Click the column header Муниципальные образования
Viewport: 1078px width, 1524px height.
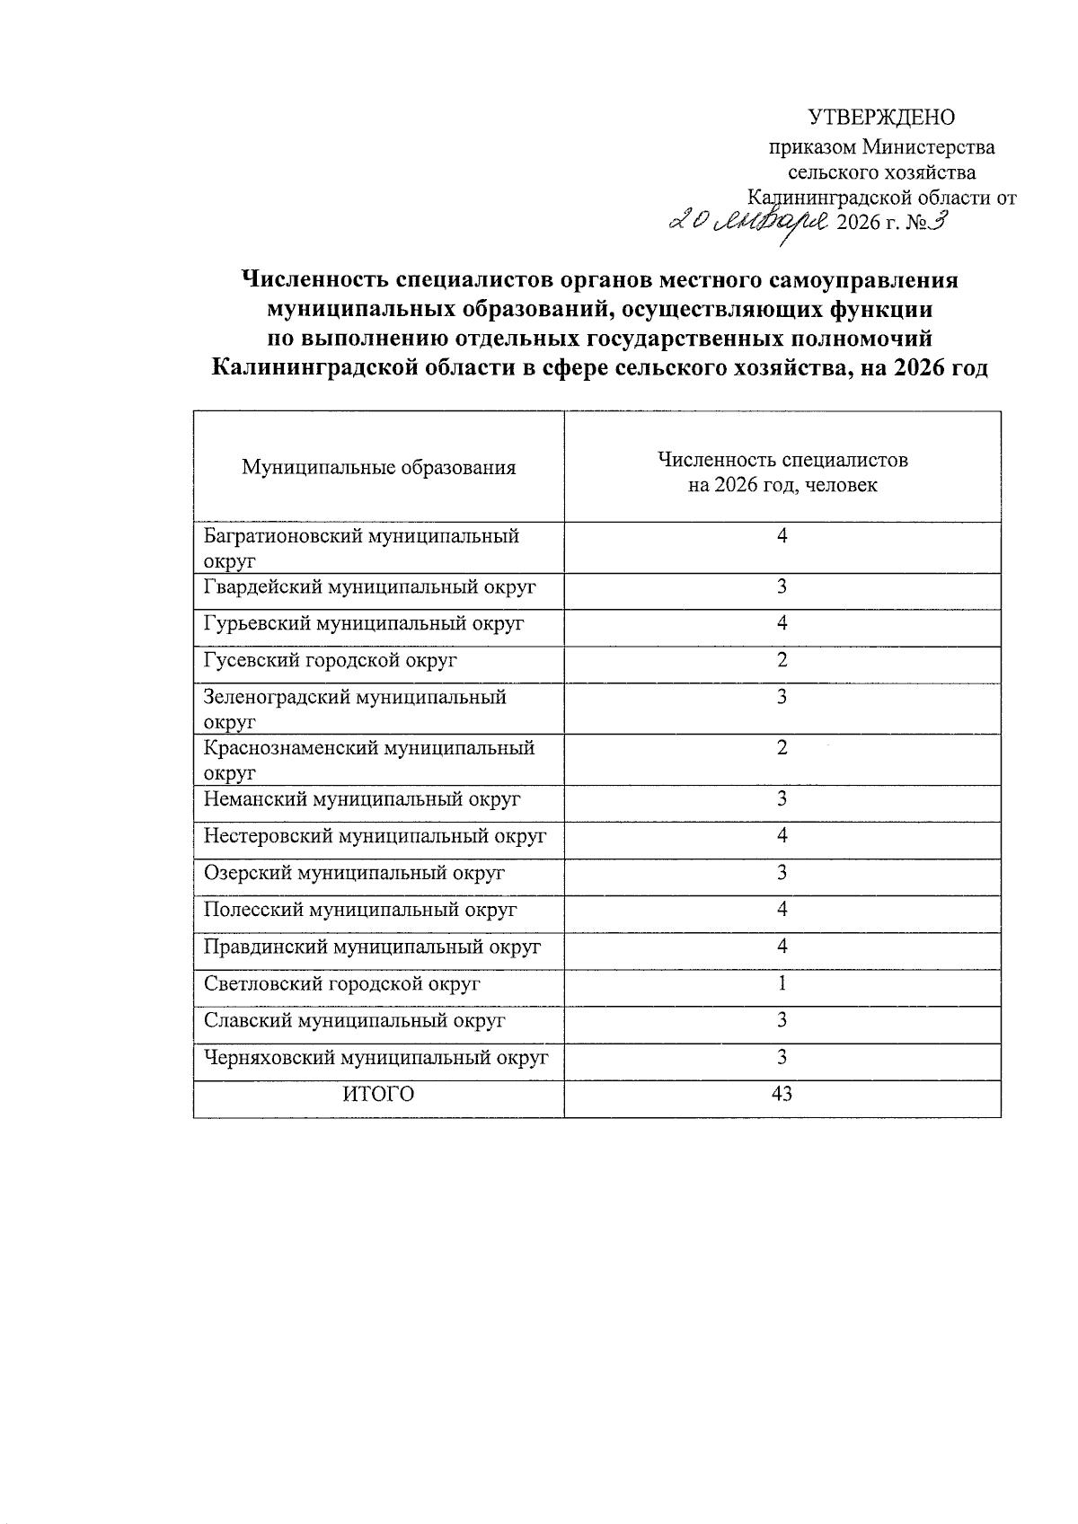[378, 467]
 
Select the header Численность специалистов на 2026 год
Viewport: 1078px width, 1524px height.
[782, 472]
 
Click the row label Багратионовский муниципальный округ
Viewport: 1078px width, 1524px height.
[361, 548]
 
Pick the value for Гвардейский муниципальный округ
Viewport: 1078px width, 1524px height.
[782, 587]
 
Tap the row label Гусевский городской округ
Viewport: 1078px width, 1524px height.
[331, 660]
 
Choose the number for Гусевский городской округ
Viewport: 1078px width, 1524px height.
[782, 660]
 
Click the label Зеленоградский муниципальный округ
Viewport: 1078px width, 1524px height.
[355, 709]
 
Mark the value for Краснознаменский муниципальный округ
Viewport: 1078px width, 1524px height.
[782, 748]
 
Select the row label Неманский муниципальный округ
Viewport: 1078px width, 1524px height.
[362, 799]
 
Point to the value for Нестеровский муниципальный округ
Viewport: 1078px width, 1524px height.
[782, 836]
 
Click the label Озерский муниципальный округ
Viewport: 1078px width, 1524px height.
[354, 873]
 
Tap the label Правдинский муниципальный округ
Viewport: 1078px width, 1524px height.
[372, 947]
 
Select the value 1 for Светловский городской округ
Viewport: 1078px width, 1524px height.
[782, 983]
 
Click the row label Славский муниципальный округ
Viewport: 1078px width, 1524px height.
[354, 1021]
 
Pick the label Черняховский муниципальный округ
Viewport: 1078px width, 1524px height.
[376, 1058]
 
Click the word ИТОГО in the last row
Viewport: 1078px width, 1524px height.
[377, 1095]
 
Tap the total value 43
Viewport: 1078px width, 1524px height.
[782, 1095]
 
